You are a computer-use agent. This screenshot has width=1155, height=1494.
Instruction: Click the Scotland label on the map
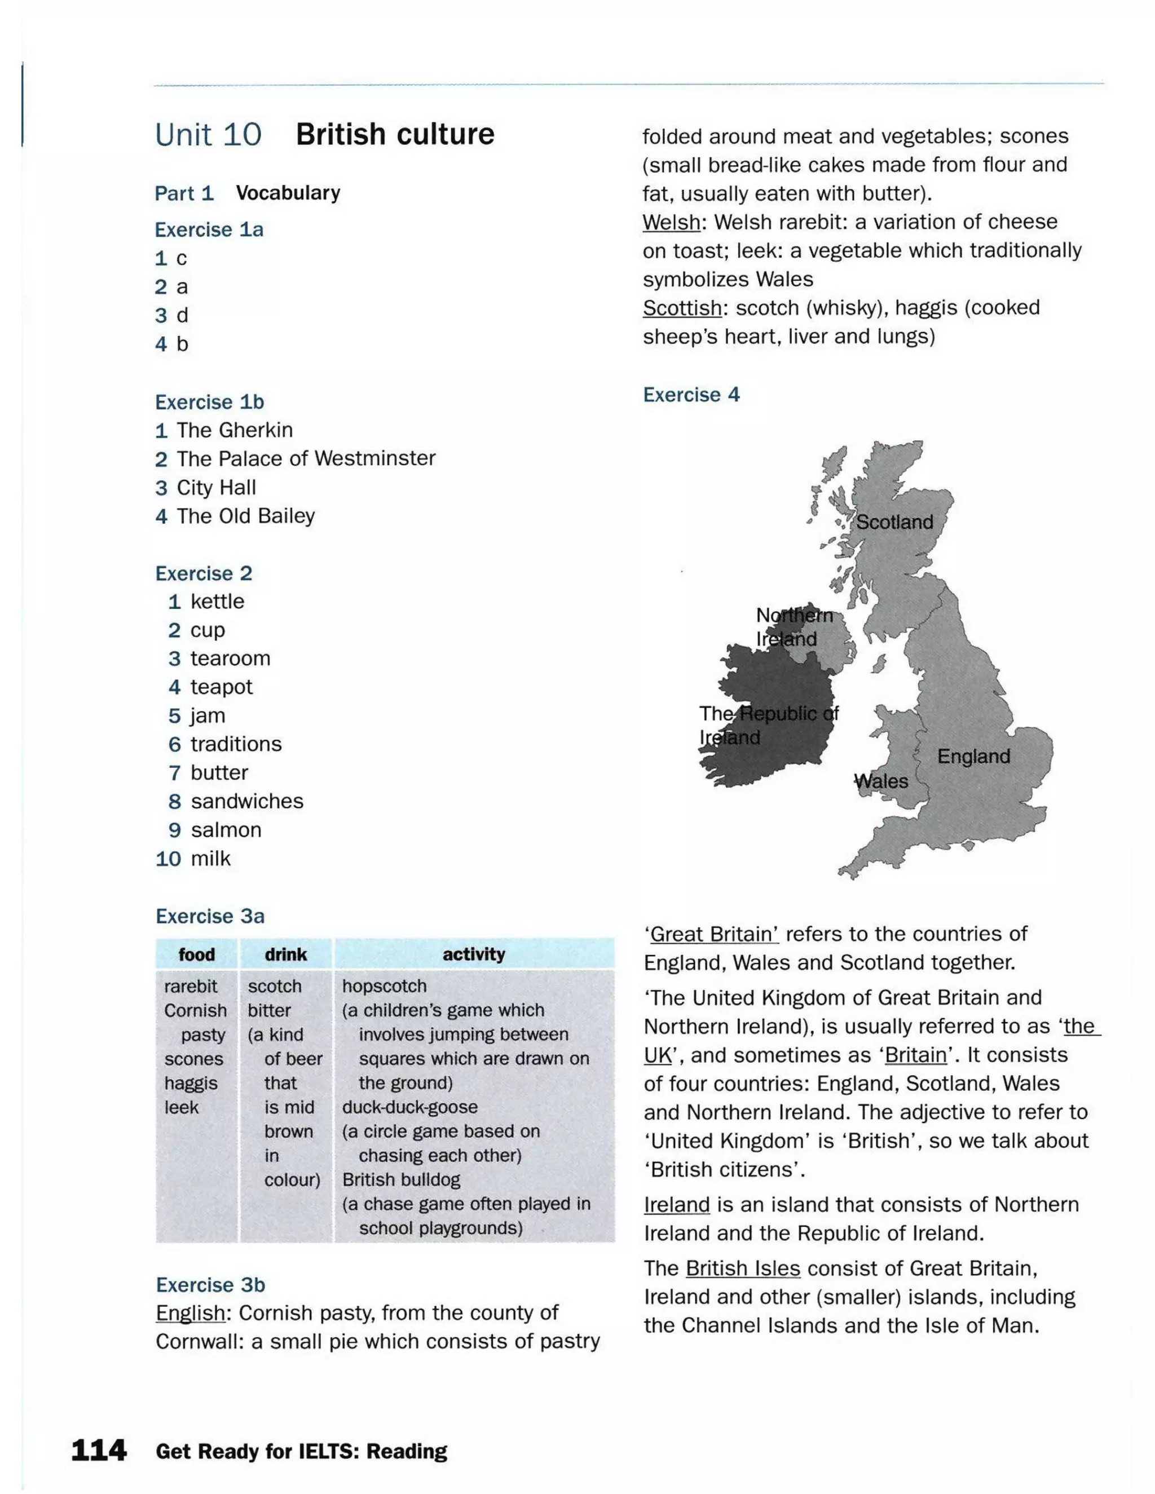[x=894, y=522]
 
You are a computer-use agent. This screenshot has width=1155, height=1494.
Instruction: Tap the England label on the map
[x=973, y=756]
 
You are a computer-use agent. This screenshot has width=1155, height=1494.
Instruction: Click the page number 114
[x=99, y=1450]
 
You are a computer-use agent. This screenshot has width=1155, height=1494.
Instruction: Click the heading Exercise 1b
[x=209, y=401]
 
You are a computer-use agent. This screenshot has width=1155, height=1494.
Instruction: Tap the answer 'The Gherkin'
[x=234, y=430]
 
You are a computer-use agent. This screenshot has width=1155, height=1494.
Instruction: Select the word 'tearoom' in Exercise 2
[x=230, y=658]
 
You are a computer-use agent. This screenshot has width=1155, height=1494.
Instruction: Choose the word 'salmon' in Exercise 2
[x=226, y=830]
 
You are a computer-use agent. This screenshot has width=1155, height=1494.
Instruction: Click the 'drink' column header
[x=285, y=954]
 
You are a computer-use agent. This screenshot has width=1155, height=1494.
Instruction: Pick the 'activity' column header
[x=474, y=954]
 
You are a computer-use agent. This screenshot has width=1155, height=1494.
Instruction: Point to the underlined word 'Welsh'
[x=671, y=222]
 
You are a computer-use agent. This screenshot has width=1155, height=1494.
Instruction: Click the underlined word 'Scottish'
[x=681, y=308]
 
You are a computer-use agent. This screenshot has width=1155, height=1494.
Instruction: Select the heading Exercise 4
[x=691, y=395]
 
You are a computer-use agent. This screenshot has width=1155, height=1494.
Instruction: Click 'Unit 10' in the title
[x=208, y=135]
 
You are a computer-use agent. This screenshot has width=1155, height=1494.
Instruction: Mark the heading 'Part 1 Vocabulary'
[x=247, y=193]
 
